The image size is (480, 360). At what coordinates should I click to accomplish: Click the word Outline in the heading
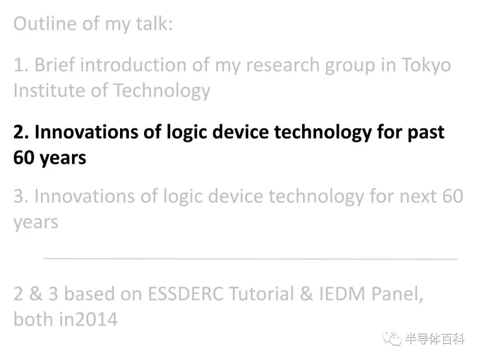[45, 24]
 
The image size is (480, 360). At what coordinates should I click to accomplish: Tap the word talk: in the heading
[154, 24]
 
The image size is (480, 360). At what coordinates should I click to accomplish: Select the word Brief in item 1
[55, 65]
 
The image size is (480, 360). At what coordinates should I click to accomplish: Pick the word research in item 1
[283, 65]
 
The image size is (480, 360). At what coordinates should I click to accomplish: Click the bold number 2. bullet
[21, 132]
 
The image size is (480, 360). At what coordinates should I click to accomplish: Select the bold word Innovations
[86, 132]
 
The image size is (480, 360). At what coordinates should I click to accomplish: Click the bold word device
[240, 132]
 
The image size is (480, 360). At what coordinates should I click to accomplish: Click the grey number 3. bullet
[21, 196]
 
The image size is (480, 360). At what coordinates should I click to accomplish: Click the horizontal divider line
[250, 259]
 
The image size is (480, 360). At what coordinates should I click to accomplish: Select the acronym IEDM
[342, 294]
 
